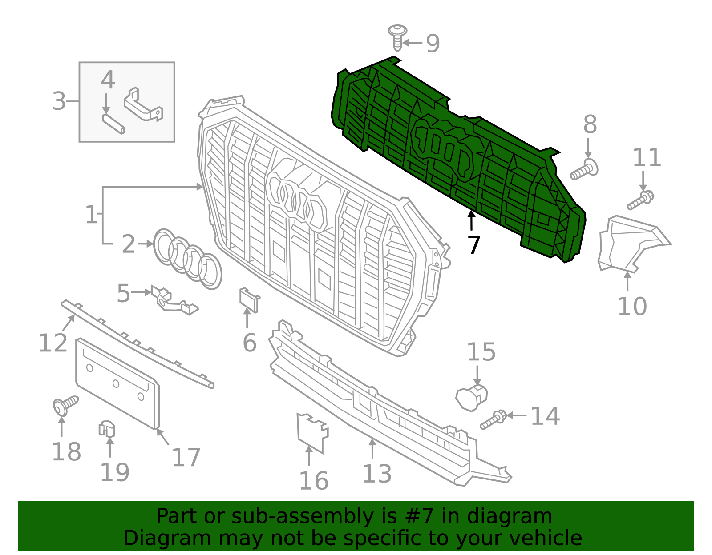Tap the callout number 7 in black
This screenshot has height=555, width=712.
point(474,245)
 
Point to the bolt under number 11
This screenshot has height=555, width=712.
point(640,200)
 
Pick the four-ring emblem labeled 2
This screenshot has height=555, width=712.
point(187,259)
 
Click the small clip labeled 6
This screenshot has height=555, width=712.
point(249,299)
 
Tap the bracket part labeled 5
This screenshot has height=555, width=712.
point(173,300)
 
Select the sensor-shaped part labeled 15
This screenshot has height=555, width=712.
point(472,397)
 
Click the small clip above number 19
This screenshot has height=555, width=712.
point(107,429)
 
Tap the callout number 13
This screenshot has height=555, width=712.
point(377,474)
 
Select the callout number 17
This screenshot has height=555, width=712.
point(186,457)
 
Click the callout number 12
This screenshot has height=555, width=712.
point(53,343)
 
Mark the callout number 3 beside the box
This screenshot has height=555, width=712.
point(59,101)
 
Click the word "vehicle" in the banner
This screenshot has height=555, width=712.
point(546,538)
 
